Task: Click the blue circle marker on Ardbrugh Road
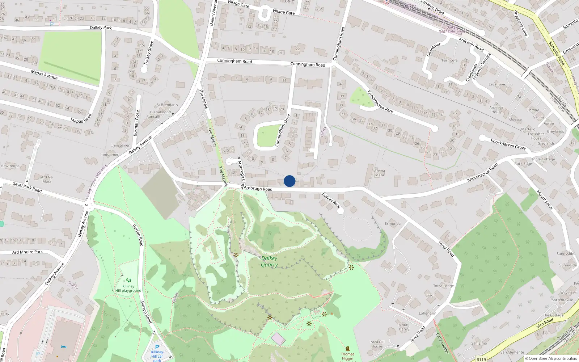[289, 181]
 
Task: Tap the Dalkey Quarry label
[269, 261]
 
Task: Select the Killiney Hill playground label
[128, 288]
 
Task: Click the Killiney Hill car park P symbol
[157, 347]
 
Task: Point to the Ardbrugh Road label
[258, 189]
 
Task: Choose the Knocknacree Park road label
[380, 102]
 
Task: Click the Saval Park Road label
[27, 187]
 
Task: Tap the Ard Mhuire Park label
[28, 252]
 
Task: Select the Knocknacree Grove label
[508, 144]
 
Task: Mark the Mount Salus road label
[545, 200]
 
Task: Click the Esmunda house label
[393, 223]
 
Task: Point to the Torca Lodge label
[443, 286]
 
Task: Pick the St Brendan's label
[167, 105]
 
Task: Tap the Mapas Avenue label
[44, 75]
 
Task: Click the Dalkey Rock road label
[331, 200]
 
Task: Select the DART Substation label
[452, 31]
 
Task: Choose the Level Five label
[497, 84]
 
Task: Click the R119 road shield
[481, 359]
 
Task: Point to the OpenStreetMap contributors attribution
[551, 359]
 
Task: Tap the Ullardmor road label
[434, 50]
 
